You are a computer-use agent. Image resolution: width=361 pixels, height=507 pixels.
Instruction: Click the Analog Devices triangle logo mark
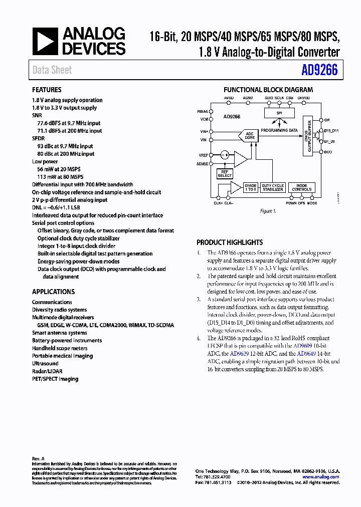(46, 42)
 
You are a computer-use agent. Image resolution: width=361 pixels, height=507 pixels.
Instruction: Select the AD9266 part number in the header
(319, 71)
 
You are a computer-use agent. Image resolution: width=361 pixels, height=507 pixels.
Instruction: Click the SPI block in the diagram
(279, 113)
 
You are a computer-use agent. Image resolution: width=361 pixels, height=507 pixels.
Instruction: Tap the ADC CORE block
(249, 135)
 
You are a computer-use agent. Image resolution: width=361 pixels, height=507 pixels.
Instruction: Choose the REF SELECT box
(225, 174)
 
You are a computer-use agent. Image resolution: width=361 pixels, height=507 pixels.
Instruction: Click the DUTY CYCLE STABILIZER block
(273, 188)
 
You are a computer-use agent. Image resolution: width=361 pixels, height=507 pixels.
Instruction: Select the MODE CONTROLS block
(302, 188)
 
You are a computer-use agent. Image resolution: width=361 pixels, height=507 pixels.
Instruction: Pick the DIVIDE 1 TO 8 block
(250, 188)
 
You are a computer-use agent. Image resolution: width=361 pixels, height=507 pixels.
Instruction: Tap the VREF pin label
(203, 155)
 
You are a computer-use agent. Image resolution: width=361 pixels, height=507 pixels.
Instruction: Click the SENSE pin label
(203, 164)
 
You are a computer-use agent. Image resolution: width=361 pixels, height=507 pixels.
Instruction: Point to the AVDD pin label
(229, 98)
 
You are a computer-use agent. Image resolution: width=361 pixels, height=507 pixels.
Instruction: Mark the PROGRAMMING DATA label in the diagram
(279, 130)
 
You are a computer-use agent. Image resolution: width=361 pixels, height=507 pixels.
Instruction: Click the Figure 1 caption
(268, 211)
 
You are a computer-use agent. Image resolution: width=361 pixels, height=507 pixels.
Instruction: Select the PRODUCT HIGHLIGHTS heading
(230, 242)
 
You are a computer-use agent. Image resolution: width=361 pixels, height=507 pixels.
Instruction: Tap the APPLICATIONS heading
(53, 292)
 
